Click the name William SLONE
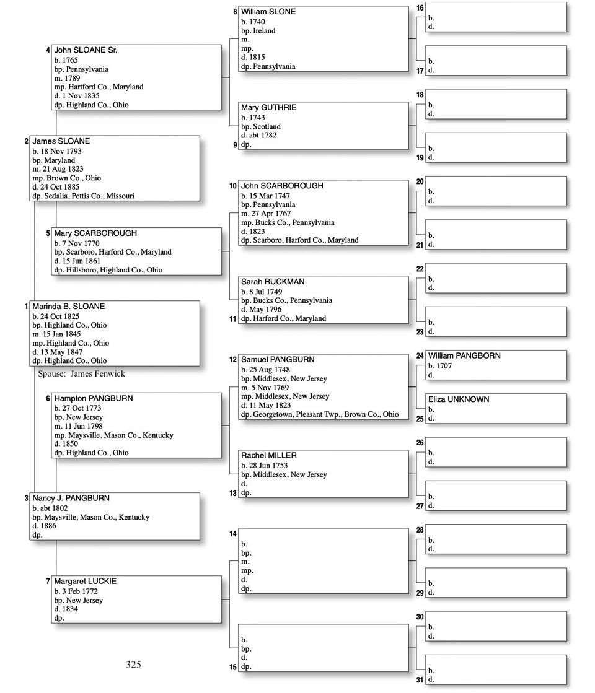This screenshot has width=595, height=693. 268,12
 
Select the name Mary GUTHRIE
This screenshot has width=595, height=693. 268,108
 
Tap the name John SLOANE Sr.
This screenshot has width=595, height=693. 86,50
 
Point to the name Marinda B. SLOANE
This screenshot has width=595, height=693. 68,307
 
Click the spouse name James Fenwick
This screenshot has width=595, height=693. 97,373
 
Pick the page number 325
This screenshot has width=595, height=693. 133,665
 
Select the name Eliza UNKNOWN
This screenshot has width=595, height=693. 458,399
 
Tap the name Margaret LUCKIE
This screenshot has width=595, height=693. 85,582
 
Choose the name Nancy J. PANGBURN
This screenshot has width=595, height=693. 71,499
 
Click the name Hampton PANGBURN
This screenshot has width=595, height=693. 93,399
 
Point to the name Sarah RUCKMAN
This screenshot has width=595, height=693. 273,282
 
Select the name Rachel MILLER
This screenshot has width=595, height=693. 268,456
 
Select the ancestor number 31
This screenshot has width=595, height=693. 420,680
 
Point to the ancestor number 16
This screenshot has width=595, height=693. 420,8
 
